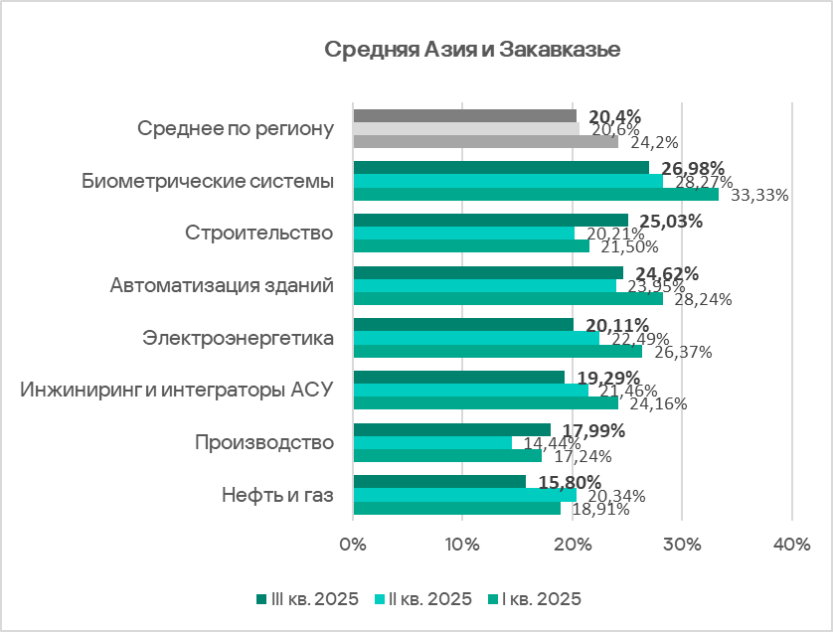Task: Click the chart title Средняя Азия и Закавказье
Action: click(472, 51)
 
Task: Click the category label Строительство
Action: click(258, 233)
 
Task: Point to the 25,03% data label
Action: click(670, 221)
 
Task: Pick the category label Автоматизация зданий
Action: click(221, 286)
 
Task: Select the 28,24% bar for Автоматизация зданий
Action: click(507, 299)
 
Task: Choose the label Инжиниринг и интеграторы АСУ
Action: click(177, 390)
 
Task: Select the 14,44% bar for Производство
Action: click(431, 442)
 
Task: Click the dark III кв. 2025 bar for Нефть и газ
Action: click(438, 482)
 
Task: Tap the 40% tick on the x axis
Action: click(791, 545)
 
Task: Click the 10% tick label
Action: click(463, 545)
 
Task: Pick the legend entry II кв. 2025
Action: click(423, 598)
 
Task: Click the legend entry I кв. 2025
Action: click(533, 598)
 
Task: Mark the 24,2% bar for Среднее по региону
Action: click(485, 141)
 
